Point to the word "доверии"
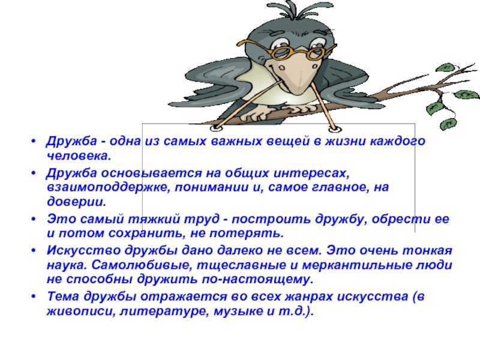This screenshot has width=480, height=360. pyautogui.click(x=76, y=202)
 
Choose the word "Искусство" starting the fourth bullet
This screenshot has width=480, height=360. pyautogui.click(x=83, y=250)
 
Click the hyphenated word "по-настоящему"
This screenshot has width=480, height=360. pyautogui.click(x=257, y=280)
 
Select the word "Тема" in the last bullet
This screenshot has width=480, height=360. pyautogui.click(x=64, y=296)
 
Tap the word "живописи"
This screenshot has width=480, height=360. pyautogui.click(x=80, y=311)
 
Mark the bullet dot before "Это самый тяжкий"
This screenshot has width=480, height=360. pyautogui.click(x=34, y=219)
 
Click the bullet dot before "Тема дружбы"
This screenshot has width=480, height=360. pyautogui.click(x=34, y=296)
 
